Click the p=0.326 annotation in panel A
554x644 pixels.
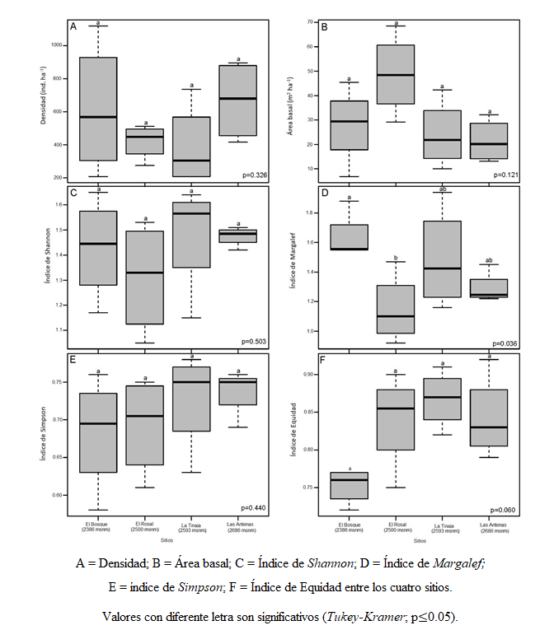click(257, 175)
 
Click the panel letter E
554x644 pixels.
click(74, 361)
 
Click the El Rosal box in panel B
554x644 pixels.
click(396, 74)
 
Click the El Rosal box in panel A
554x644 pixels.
click(145, 142)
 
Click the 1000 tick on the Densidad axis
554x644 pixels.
click(59, 44)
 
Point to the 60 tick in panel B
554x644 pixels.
click(312, 46)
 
